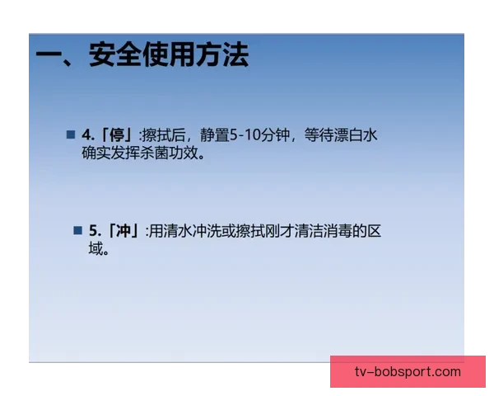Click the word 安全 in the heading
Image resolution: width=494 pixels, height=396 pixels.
pyautogui.click(x=114, y=55)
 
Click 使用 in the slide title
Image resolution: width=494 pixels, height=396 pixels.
pyautogui.click(x=167, y=55)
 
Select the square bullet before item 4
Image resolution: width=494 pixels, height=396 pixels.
pyautogui.click(x=70, y=134)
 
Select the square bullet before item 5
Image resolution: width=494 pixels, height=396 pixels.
pyautogui.click(x=77, y=230)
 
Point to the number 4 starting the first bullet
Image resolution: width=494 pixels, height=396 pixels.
pyautogui.click(x=86, y=135)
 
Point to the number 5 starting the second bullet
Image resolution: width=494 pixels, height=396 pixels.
pyautogui.click(x=94, y=231)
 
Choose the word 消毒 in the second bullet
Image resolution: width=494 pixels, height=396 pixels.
pyautogui.click(x=336, y=231)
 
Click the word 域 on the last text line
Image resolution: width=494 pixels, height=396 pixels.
pyautogui.click(x=96, y=249)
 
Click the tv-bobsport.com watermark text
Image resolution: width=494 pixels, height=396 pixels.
pyautogui.click(x=408, y=371)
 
